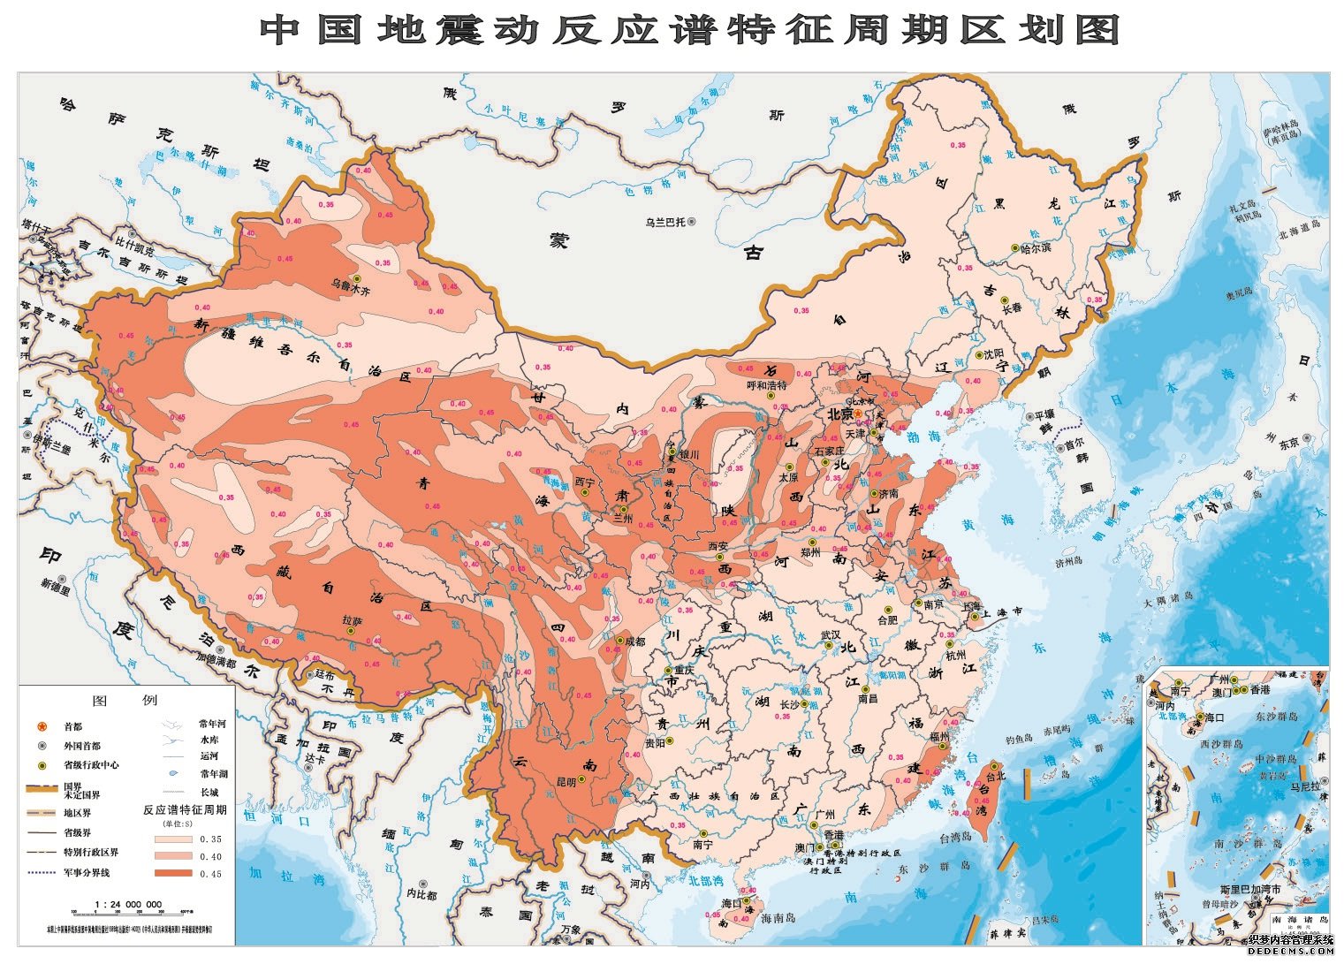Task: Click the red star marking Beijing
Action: click(x=856, y=414)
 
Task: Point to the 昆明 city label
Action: click(x=566, y=782)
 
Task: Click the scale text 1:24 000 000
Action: click(x=127, y=904)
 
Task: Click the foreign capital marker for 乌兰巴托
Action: click(x=693, y=223)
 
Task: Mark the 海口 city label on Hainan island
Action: click(x=732, y=903)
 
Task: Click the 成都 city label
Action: click(x=635, y=641)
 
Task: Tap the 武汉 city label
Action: click(x=831, y=634)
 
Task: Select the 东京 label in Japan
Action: click(x=1288, y=443)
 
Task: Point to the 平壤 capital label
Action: click(x=1044, y=414)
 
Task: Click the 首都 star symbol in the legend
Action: click(x=42, y=726)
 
